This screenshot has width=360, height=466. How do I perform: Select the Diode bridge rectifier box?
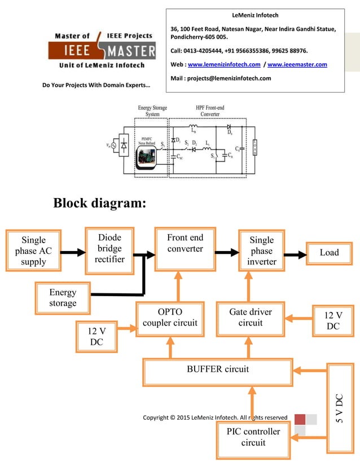(x=109, y=248)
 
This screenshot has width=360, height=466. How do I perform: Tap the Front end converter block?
(x=185, y=249)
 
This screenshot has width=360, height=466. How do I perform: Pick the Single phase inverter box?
(x=262, y=251)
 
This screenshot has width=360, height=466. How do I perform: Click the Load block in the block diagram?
(x=329, y=253)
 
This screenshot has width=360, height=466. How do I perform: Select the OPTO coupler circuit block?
(x=170, y=318)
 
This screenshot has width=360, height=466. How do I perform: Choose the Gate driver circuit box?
(x=251, y=318)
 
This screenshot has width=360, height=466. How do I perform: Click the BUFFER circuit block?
(x=217, y=370)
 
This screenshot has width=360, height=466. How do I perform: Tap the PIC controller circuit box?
(x=253, y=437)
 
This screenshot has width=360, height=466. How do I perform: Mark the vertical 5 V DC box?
(x=340, y=408)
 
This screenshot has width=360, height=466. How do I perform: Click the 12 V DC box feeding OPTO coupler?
(x=96, y=336)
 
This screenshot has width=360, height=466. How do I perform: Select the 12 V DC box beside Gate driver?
(x=333, y=321)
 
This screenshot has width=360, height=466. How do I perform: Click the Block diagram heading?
(x=100, y=203)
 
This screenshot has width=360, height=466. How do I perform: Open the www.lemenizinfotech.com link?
(x=223, y=64)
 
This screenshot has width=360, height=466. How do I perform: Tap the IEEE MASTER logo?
(x=102, y=51)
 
